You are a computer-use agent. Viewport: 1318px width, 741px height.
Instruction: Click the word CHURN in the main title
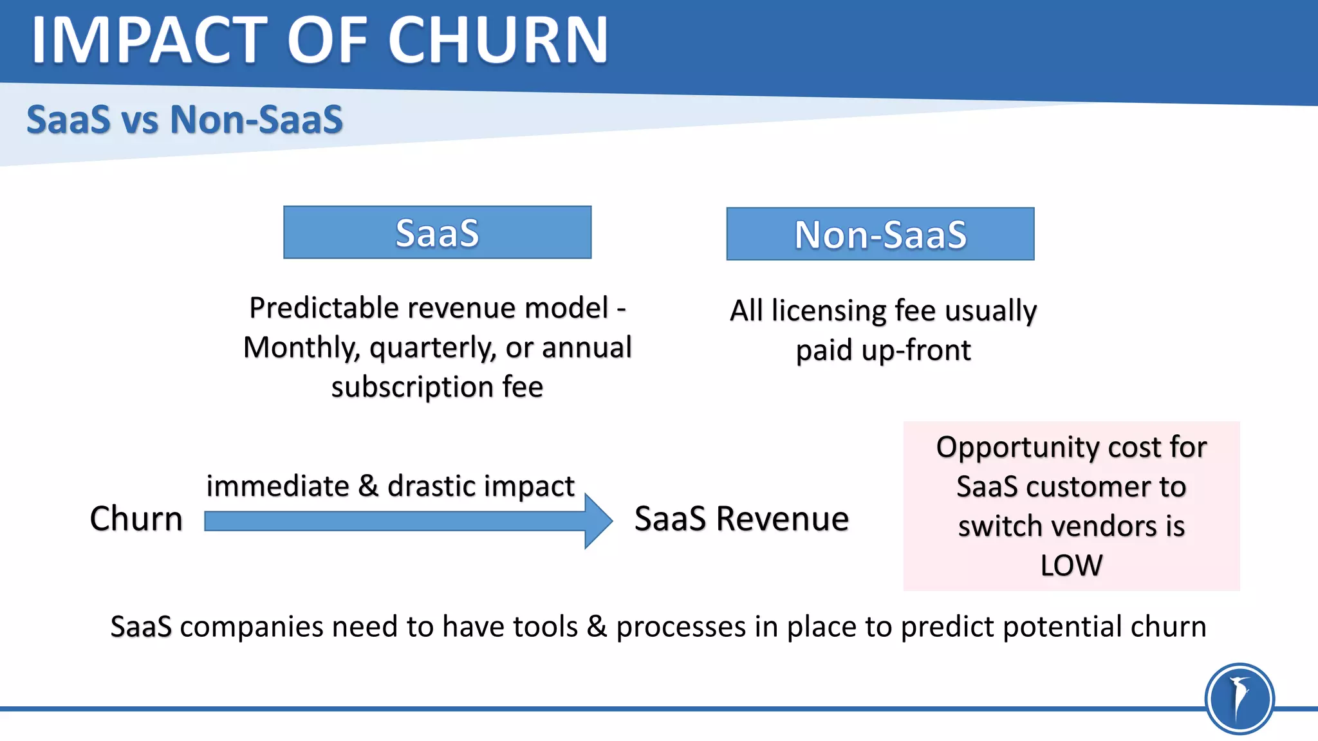498,41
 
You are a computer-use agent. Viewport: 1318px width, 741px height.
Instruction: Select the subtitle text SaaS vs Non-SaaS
185,120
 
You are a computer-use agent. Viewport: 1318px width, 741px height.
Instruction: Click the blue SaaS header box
437,232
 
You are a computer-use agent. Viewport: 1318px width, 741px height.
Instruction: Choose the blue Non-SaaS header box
880,234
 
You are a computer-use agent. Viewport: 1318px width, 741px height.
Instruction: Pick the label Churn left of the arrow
136,518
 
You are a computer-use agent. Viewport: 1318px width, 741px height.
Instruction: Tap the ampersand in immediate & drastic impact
368,486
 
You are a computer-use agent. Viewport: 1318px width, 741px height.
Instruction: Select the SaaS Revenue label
741,518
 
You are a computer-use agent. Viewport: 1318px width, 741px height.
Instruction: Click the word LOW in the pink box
1071,565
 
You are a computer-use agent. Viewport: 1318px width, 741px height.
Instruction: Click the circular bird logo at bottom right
1239,699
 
